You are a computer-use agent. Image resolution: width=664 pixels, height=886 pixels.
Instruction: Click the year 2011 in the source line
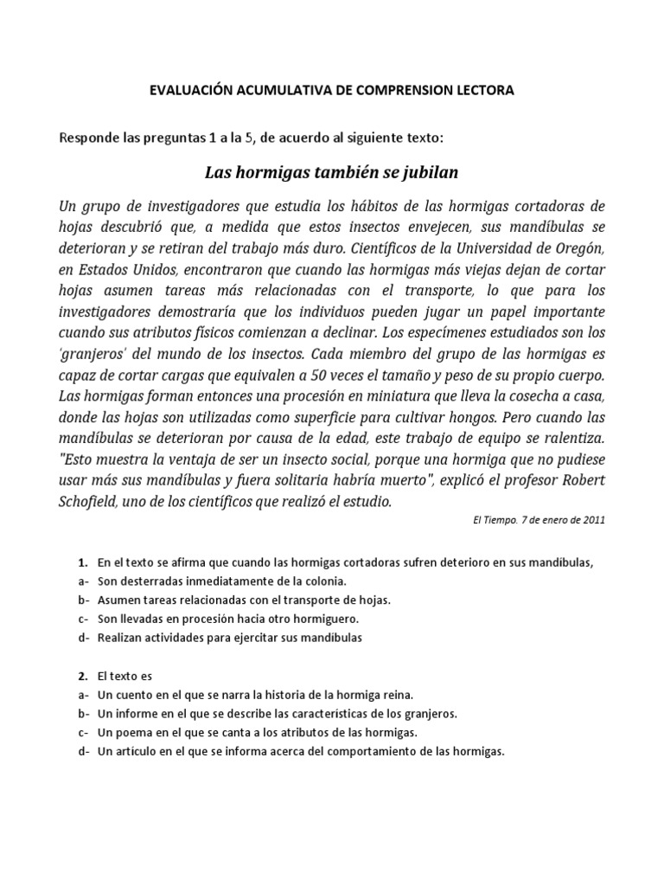click(x=591, y=521)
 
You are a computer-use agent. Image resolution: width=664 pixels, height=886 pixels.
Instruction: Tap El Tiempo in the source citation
click(x=495, y=521)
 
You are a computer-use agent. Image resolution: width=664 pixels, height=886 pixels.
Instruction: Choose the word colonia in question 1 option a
click(x=322, y=581)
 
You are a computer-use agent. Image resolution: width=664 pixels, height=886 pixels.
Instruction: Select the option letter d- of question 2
click(x=83, y=752)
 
